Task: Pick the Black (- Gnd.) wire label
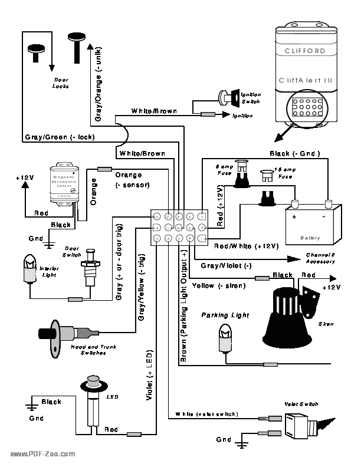tap(294, 153)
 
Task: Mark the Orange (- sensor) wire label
tap(132, 180)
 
